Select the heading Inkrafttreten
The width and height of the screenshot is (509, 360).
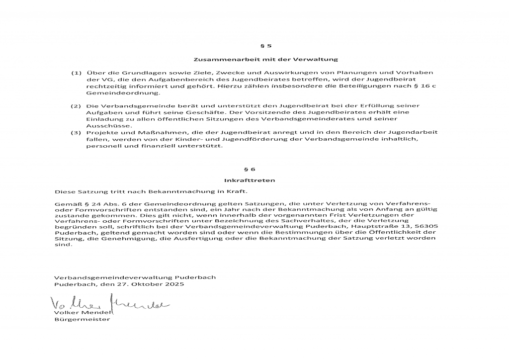pyautogui.click(x=256, y=180)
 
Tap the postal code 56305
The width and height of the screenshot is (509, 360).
pyautogui.click(x=426, y=225)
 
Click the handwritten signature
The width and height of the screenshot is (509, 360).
pyautogui.click(x=109, y=303)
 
